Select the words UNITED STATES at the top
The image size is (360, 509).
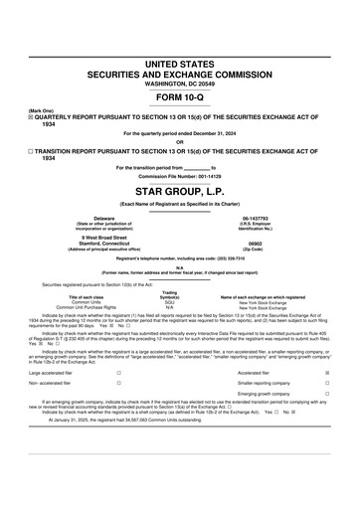(180, 64)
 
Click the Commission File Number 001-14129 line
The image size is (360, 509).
(180, 176)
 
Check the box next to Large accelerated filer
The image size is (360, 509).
(118, 373)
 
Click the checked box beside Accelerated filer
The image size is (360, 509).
(327, 373)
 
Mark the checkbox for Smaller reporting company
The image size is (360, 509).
(327, 383)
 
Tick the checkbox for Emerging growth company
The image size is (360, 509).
(327, 395)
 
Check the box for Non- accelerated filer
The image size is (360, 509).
(118, 383)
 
